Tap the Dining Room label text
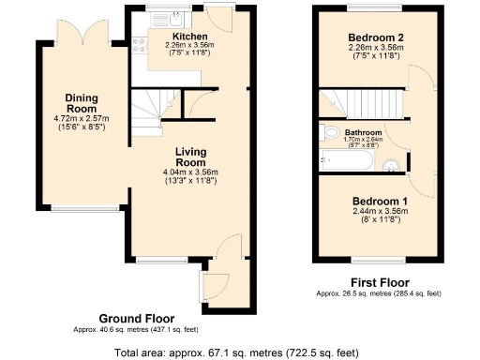pyautogui.click(x=82, y=102)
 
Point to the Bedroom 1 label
pyautogui.click(x=380, y=202)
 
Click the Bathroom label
pyautogui.click(x=363, y=133)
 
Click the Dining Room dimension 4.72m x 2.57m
pyautogui.click(x=82, y=118)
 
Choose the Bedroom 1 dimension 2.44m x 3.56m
pyautogui.click(x=380, y=213)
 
